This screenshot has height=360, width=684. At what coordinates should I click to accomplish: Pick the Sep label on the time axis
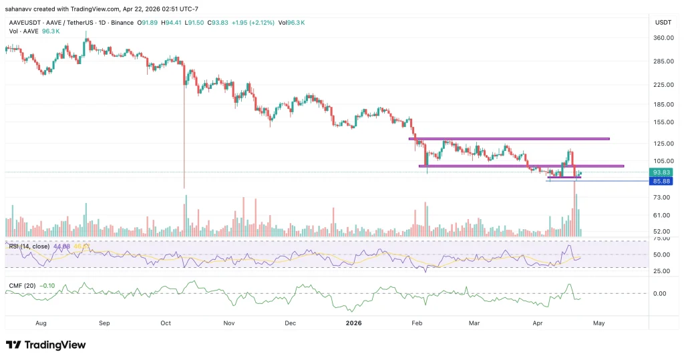click(104, 323)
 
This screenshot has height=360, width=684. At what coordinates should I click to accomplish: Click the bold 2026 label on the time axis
click(353, 323)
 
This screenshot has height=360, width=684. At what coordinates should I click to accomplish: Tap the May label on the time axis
click(598, 323)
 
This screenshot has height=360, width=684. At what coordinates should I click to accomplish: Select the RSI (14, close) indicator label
click(29, 246)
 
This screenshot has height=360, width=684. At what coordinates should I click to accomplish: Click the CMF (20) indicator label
click(21, 286)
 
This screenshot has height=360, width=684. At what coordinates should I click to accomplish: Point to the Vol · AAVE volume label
click(22, 30)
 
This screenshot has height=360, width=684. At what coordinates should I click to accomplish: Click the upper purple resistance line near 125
click(508, 139)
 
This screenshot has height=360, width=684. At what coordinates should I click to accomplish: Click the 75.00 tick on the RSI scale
click(662, 238)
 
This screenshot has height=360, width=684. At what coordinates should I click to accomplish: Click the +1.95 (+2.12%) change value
click(256, 22)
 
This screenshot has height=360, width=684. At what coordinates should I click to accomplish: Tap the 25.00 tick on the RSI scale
click(662, 271)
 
